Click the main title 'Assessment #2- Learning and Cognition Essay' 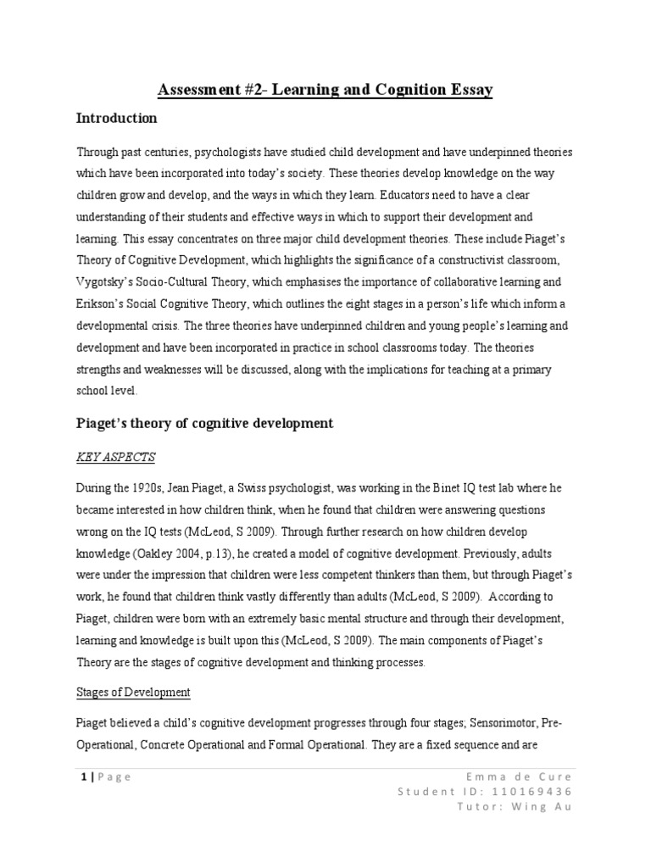coord(325,89)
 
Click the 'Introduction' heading coord(117,118)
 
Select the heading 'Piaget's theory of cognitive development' coord(206,423)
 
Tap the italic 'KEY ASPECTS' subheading coord(116,457)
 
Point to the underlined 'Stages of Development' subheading coord(133,693)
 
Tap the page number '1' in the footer coord(81,777)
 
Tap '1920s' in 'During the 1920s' coord(150,488)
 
